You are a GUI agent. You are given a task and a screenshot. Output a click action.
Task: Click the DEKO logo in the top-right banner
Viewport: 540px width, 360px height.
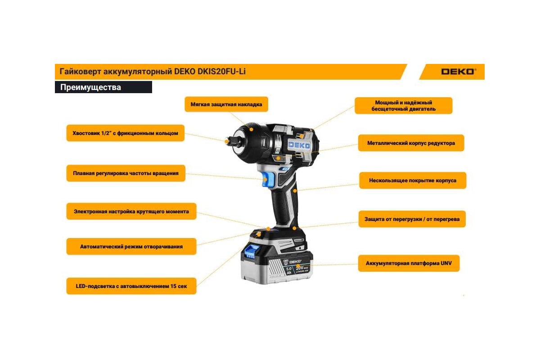tap(459, 72)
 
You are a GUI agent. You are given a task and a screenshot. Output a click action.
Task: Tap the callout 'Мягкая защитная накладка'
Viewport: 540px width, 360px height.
tap(226, 104)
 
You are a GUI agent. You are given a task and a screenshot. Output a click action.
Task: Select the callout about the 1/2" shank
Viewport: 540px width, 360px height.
tap(126, 133)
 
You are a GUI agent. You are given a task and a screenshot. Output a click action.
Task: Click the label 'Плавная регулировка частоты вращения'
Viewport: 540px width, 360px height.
tap(126, 173)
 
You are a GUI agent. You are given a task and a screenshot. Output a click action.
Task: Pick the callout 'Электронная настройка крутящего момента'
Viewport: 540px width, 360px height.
tap(131, 211)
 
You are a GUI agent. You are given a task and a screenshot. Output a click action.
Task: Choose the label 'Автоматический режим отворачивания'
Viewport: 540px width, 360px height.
tap(131, 247)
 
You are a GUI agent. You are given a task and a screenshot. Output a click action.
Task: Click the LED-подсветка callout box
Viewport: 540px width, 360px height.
tap(131, 286)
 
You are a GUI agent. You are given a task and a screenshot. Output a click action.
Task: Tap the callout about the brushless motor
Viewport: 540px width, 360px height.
tap(404, 106)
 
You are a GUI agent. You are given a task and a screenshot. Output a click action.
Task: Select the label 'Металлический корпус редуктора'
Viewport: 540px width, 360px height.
tap(411, 143)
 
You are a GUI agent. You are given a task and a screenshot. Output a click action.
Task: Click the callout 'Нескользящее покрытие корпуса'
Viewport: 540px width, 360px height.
tap(413, 180)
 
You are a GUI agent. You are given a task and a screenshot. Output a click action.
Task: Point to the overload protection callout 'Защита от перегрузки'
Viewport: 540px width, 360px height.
tap(412, 219)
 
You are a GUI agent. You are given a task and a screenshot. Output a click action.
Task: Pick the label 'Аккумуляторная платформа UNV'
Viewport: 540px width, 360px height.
tap(409, 263)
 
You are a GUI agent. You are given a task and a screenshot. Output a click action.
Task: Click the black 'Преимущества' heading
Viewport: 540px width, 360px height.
tap(103, 87)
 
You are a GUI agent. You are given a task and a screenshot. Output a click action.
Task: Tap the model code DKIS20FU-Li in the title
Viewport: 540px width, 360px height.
tap(221, 72)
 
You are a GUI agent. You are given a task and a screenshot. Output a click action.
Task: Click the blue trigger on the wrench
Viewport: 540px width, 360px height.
tap(268, 180)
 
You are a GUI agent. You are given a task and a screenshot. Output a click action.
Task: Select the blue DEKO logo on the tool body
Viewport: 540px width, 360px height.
tap(299, 145)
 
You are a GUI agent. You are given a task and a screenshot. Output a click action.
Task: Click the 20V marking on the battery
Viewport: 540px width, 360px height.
tap(300, 268)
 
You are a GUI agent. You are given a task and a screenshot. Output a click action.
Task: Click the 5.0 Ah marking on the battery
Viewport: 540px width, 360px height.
tap(289, 270)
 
